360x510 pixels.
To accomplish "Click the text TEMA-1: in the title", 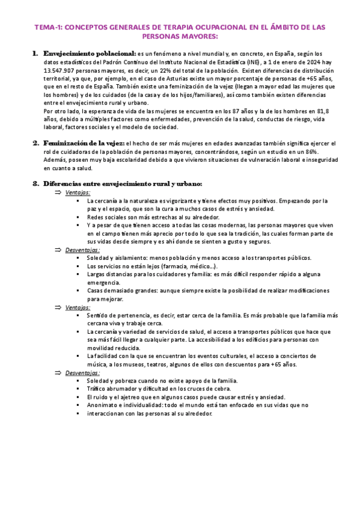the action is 47,28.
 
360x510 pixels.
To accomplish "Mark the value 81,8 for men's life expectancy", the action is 322,111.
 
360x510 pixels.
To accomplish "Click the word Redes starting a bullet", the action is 96,217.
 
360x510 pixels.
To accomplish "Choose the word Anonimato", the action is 104,405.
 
